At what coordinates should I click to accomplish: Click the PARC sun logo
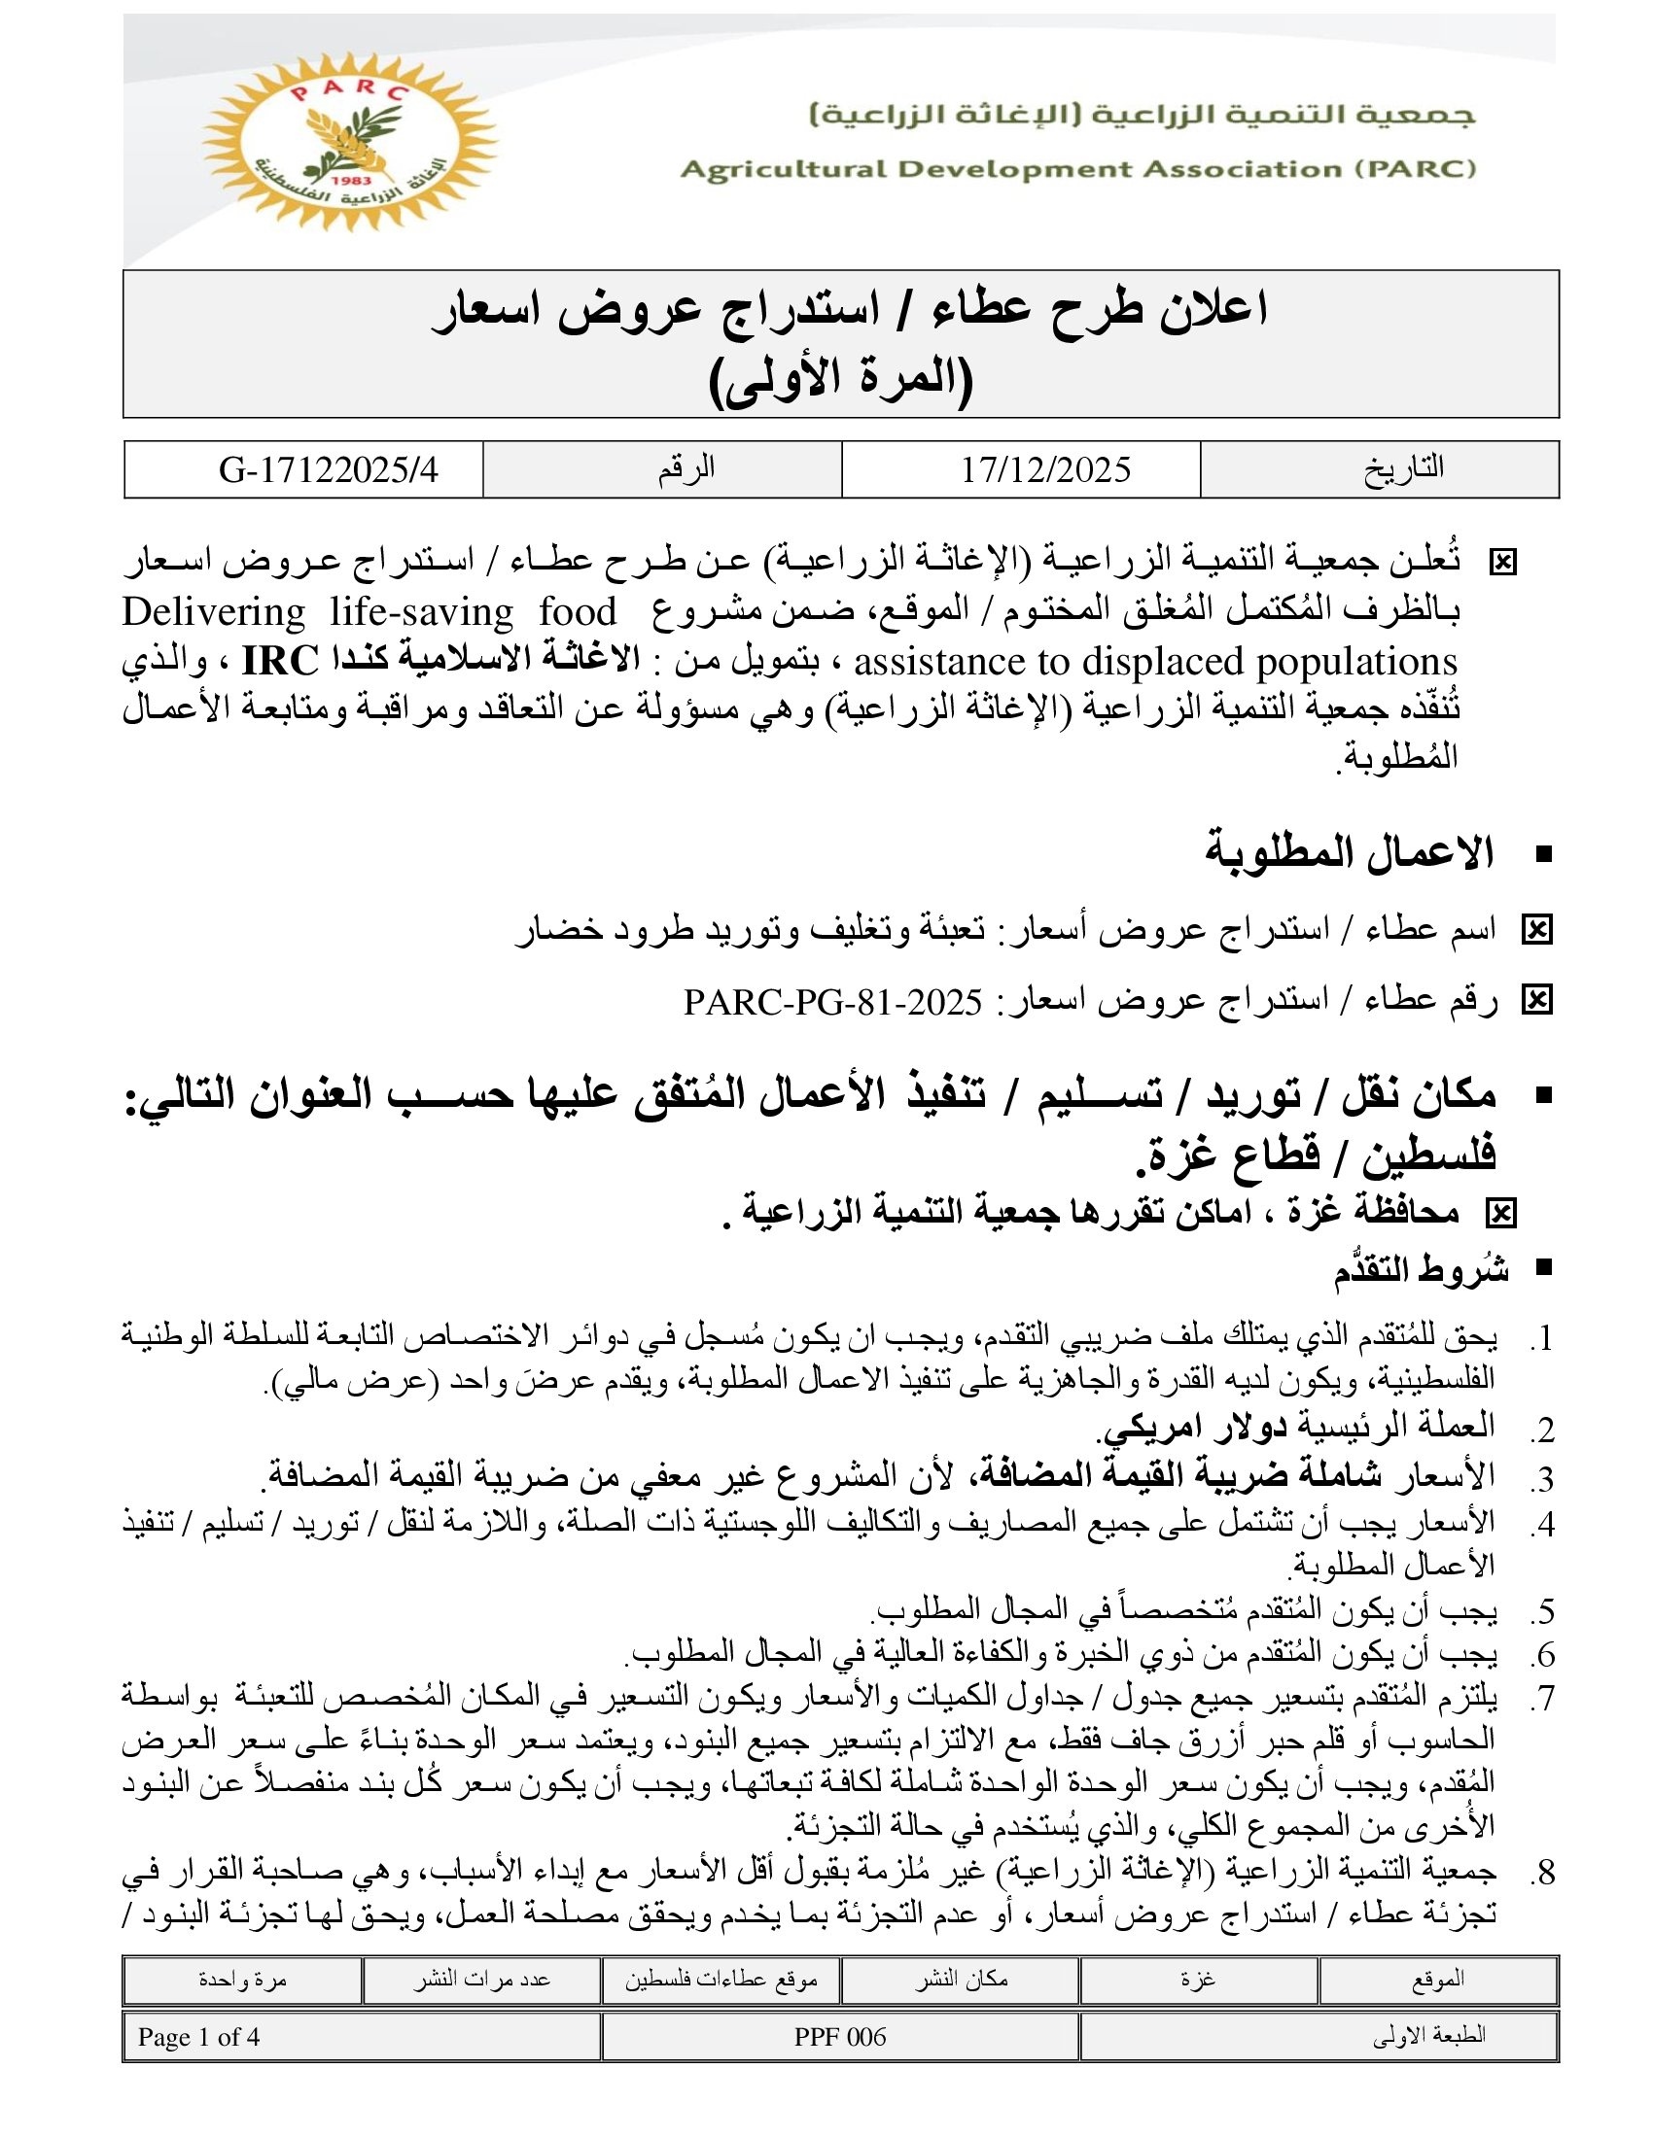coord(350,143)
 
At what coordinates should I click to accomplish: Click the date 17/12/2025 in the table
coord(1045,470)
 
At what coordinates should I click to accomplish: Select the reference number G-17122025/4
coord(328,470)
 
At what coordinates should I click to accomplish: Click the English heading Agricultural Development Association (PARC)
coord(1078,169)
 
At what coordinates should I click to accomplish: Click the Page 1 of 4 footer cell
coord(198,2037)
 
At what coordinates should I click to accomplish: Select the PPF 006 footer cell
coord(840,2037)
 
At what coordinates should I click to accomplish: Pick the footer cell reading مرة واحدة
coord(242,1979)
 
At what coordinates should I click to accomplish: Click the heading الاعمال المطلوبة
coord(1349,852)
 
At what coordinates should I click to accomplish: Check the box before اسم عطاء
coord(1536,930)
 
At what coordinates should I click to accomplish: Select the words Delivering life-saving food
coord(369,613)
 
